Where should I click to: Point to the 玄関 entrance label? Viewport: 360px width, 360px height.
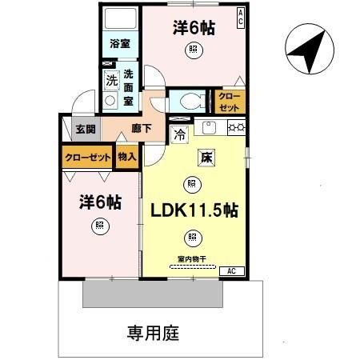pyautogui.click(x=86, y=129)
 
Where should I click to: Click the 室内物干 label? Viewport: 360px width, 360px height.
pyautogui.click(x=192, y=258)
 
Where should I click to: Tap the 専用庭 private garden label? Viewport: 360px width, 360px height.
pyautogui.click(x=153, y=331)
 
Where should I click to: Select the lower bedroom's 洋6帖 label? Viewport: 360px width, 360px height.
pyautogui.click(x=100, y=202)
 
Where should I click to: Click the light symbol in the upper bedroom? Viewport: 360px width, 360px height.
pyautogui.click(x=192, y=50)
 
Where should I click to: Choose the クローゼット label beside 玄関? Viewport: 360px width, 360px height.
pyautogui.click(x=87, y=158)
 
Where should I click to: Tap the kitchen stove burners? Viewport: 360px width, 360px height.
pyautogui.click(x=236, y=126)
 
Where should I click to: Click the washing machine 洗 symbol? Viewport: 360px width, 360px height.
pyautogui.click(x=112, y=79)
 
